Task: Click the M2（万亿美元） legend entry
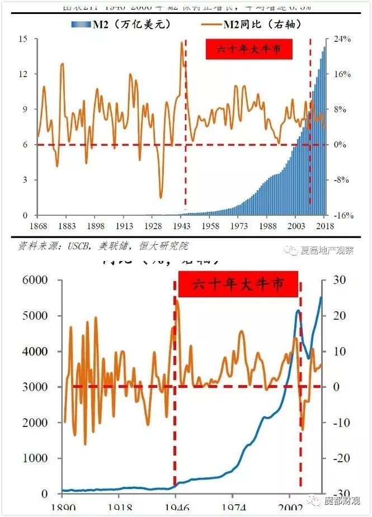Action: pyautogui.click(x=120, y=24)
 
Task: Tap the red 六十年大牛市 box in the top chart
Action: pyautogui.click(x=249, y=49)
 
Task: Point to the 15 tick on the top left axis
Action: pyautogui.click(x=23, y=39)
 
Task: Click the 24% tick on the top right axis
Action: pyautogui.click(x=341, y=39)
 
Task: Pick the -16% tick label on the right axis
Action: pyautogui.click(x=341, y=216)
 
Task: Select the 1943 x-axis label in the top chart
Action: pyautogui.click(x=182, y=226)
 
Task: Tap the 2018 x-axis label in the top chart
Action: pyautogui.click(x=325, y=226)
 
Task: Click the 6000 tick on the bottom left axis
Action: pyautogui.click(x=39, y=280)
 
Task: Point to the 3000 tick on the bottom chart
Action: pyautogui.click(x=39, y=387)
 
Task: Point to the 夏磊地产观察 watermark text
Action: pyautogui.click(x=327, y=250)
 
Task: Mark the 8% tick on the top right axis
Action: pyautogui.click(x=341, y=109)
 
